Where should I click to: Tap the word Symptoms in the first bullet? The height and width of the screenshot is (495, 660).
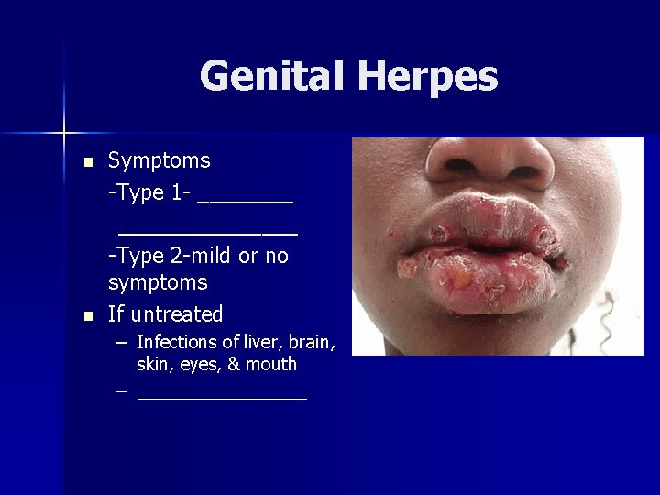[159, 160]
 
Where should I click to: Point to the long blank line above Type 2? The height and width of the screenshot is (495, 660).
[208, 230]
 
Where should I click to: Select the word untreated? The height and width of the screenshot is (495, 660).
[176, 314]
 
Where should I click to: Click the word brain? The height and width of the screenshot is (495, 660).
[312, 343]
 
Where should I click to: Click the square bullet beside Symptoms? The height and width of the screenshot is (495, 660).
[88, 162]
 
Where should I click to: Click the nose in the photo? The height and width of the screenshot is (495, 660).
[490, 161]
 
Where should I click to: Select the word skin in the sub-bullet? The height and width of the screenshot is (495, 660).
[152, 365]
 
